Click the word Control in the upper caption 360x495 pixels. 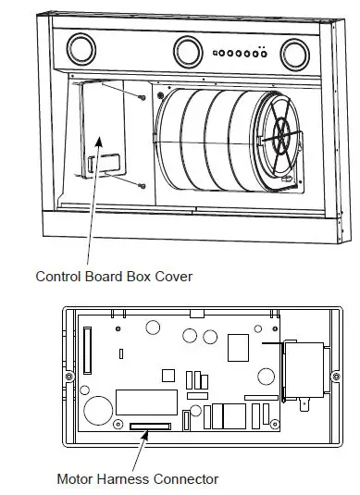[x=58, y=276]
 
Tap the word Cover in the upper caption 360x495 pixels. [x=184, y=276]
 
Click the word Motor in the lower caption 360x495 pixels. [x=76, y=479]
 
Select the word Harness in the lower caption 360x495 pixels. [x=130, y=479]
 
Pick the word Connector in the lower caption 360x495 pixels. [x=190, y=479]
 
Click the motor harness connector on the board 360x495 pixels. [x=150, y=427]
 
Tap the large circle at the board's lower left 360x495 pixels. [x=95, y=409]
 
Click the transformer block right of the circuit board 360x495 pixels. [x=304, y=372]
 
